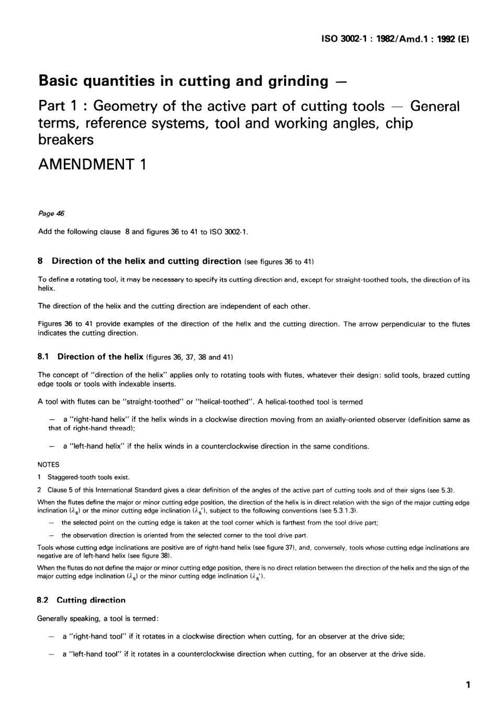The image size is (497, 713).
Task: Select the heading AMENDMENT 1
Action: click(93, 164)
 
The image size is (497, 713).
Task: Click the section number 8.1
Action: click(43, 357)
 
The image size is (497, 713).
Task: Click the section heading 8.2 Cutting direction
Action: click(82, 600)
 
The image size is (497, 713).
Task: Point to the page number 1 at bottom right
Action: click(468, 685)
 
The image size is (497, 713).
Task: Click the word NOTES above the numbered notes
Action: click(49, 465)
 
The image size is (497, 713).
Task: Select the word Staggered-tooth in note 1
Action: click(68, 477)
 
